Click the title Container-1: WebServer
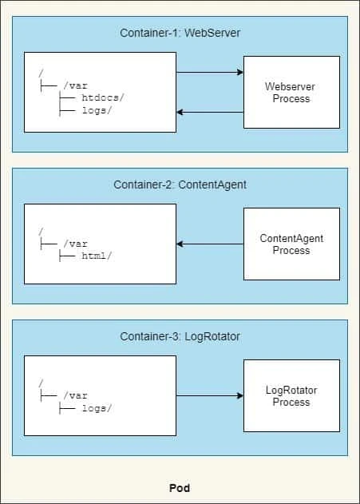tap(180, 33)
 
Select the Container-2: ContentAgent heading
tap(180, 185)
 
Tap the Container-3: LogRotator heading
tap(180, 336)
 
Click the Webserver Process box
tap(291, 93)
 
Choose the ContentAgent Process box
tap(291, 244)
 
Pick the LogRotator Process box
tap(291, 396)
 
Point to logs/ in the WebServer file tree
tap(97, 111)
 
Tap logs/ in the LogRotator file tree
tap(97, 407)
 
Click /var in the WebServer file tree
tap(75, 85)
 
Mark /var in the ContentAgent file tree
tap(75, 244)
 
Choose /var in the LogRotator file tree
tap(75, 395)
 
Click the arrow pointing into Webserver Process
tap(209, 73)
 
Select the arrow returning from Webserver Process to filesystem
tap(209, 112)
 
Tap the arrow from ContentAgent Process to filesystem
tap(209, 244)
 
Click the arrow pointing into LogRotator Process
tap(209, 395)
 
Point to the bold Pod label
tap(180, 488)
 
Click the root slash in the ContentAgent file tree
tap(40, 232)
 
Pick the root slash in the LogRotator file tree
tap(40, 383)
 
